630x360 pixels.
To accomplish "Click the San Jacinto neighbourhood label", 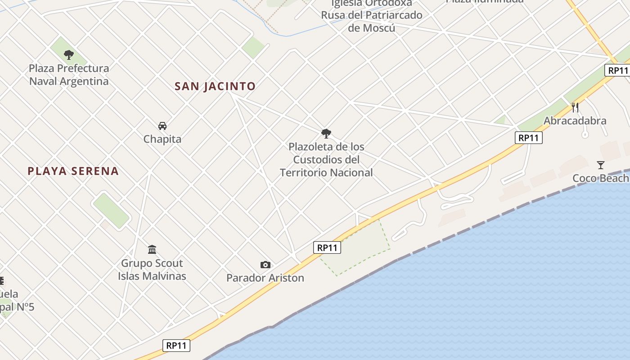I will coord(215,86).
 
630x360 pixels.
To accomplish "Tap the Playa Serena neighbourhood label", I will coord(73,171).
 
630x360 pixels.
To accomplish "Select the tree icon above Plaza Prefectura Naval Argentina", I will coord(69,55).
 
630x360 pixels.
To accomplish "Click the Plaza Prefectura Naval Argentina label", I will coord(69,75).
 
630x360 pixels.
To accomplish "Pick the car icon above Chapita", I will coord(162,126).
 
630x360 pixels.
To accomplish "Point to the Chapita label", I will coord(162,139).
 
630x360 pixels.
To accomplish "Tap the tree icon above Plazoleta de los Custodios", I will coord(326,133).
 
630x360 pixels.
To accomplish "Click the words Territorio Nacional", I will coord(326,172).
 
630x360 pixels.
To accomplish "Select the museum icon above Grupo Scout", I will coord(152,249).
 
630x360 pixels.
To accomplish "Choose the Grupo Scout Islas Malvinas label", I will coord(152,269).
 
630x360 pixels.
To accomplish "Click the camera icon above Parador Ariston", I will coord(265,265).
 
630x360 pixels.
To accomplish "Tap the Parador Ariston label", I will coord(265,278).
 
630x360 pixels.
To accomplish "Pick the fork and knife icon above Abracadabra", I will coord(575,107).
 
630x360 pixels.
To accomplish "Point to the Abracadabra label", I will coord(575,121).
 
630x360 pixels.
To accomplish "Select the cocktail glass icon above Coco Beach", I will coord(600,165).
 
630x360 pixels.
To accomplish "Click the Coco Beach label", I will coord(600,178).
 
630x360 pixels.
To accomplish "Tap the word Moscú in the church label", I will coord(372,28).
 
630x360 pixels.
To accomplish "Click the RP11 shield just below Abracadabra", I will coord(529,138).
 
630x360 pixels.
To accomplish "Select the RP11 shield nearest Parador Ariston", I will coord(327,247).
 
